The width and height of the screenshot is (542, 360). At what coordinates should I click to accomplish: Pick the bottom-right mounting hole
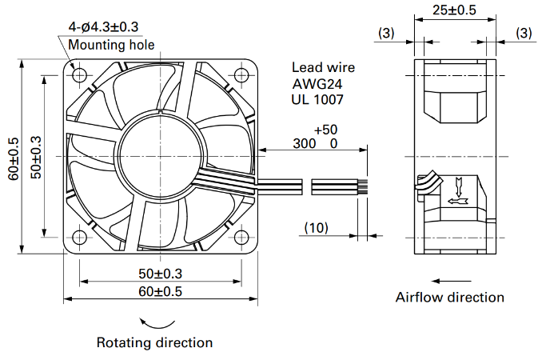241,238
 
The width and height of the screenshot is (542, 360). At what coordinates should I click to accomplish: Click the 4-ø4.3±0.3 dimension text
103,27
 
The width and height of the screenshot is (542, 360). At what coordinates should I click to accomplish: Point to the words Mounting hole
111,45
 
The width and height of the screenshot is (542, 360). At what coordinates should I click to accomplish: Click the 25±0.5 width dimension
454,10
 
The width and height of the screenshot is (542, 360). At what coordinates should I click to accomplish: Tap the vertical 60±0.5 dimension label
14,158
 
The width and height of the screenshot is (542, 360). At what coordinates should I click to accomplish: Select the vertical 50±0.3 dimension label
36,158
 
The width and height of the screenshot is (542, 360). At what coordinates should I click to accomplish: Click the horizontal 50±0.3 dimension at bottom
160,274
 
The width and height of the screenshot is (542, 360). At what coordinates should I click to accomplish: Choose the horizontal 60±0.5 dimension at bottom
160,291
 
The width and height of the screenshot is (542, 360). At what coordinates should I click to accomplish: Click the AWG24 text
317,84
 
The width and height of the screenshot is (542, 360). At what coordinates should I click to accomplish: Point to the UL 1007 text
317,99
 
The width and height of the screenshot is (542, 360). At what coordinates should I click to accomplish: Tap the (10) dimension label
317,227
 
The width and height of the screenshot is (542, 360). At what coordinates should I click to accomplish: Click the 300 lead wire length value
305,143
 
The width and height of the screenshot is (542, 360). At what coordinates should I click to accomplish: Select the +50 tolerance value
325,130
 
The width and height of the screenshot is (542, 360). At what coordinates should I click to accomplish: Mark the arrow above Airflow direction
451,281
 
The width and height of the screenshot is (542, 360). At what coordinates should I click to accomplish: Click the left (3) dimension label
386,33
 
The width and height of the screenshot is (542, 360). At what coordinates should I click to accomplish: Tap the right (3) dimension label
524,33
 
